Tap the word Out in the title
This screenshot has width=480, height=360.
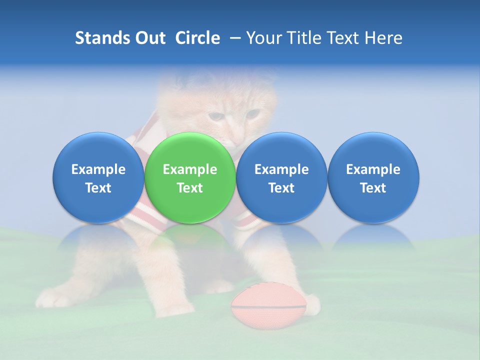(149, 38)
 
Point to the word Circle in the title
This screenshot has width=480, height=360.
(197, 38)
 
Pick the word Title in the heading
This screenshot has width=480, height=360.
(303, 38)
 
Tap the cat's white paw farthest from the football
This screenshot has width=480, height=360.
(52, 298)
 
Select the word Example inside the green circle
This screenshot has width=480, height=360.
(190, 169)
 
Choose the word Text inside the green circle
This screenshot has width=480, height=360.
(190, 188)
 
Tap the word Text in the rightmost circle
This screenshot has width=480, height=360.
(373, 188)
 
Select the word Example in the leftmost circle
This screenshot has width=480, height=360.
(98, 169)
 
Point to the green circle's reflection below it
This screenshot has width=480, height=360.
(190, 237)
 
